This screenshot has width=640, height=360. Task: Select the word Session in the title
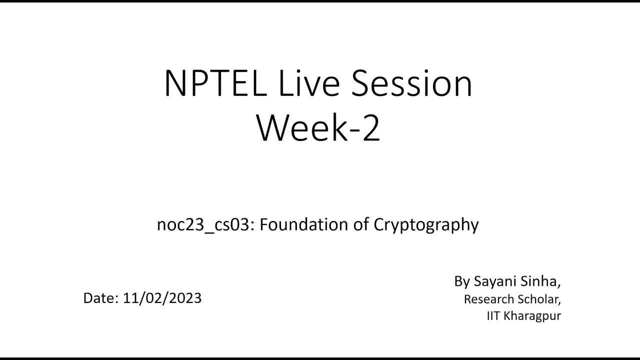(410, 83)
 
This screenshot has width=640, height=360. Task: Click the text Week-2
(318, 128)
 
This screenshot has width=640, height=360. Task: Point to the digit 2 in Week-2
(370, 128)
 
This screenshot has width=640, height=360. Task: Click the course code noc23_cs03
(202, 225)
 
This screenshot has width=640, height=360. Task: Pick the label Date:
(100, 298)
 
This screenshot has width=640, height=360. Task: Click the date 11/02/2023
(162, 298)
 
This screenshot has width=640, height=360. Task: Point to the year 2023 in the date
(185, 298)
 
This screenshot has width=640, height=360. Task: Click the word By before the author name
(462, 281)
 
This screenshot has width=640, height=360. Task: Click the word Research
(488, 299)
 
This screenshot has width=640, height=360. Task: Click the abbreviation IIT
(493, 316)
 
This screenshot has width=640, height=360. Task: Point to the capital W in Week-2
(274, 128)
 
